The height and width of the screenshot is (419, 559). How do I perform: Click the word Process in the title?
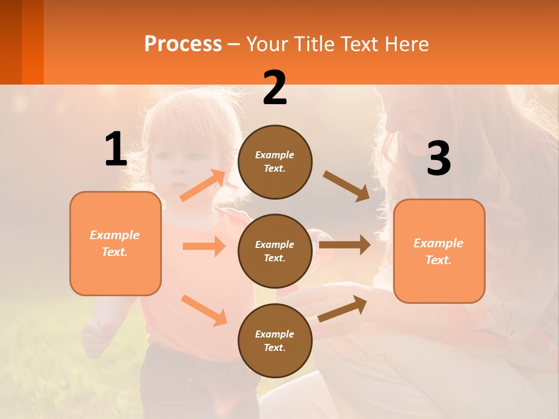pos(183,44)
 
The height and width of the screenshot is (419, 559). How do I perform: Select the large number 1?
pos(116,150)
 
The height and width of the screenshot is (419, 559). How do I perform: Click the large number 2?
pos(275,88)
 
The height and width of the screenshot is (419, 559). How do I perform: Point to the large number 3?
pos(438,158)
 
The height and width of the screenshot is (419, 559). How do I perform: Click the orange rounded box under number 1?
pos(115,243)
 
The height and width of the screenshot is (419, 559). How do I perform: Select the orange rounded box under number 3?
pos(439,251)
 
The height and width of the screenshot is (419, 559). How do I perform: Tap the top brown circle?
pos(275,162)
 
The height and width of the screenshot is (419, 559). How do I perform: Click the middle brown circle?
pos(275,251)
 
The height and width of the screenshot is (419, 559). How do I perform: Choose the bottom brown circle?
pos(275,340)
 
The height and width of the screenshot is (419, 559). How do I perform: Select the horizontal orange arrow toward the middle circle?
pos(204,246)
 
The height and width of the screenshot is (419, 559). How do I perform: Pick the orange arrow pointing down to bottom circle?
pos(204,310)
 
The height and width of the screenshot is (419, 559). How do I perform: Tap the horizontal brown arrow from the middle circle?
pos(345,245)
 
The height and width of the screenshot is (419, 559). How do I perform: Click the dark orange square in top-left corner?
pos(22,42)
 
